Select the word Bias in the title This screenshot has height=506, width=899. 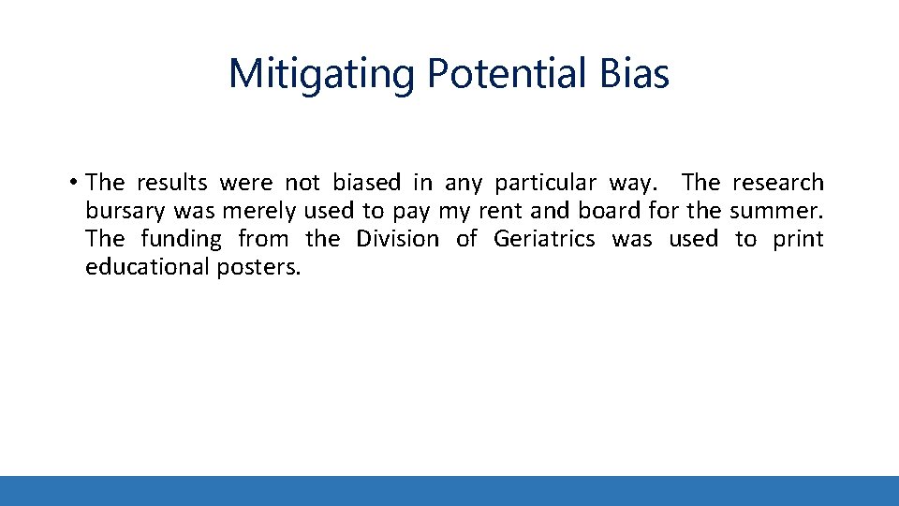[637, 74]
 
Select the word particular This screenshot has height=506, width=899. [545, 183]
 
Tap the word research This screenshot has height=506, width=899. [777, 183]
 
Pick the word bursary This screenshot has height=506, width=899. [125, 211]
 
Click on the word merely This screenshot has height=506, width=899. [258, 211]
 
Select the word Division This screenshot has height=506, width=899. [397, 239]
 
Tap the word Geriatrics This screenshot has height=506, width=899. [544, 239]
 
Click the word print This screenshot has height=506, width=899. [798, 239]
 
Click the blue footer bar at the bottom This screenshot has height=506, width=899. [449, 490]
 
